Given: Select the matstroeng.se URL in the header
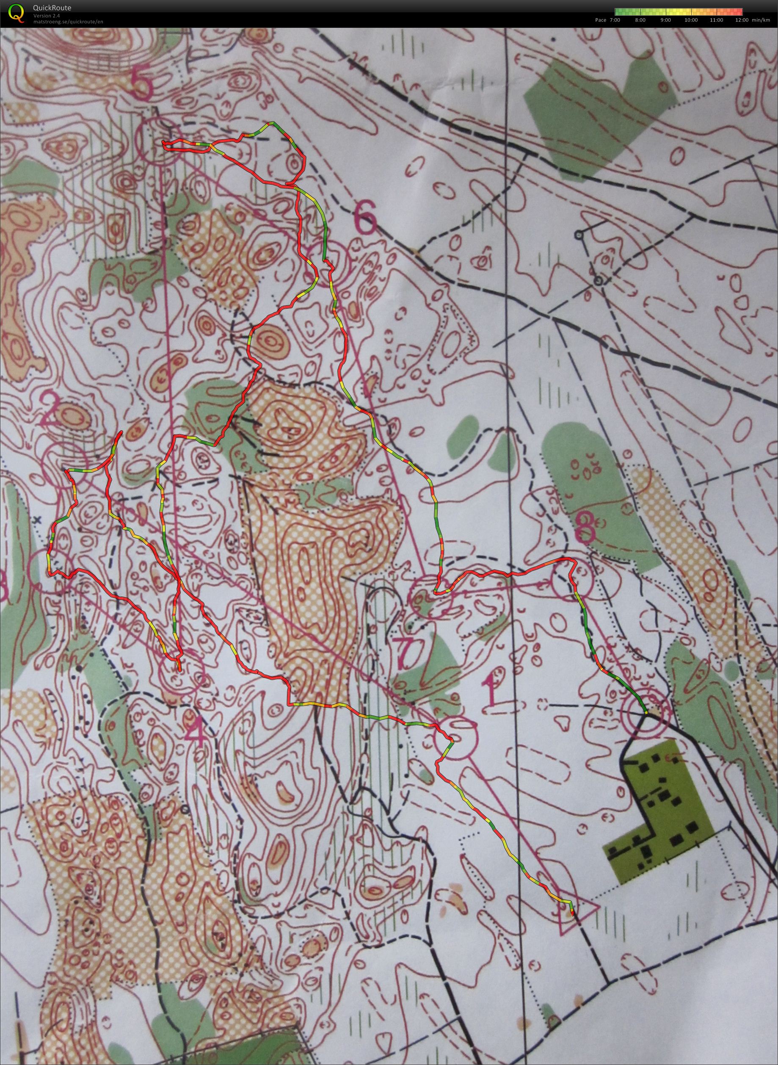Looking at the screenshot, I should [68, 22].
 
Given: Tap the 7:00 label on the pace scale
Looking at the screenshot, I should [614, 20].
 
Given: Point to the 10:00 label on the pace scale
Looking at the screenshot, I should [691, 20].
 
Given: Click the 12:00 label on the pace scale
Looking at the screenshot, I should [742, 20].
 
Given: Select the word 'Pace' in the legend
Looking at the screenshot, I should [601, 20].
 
